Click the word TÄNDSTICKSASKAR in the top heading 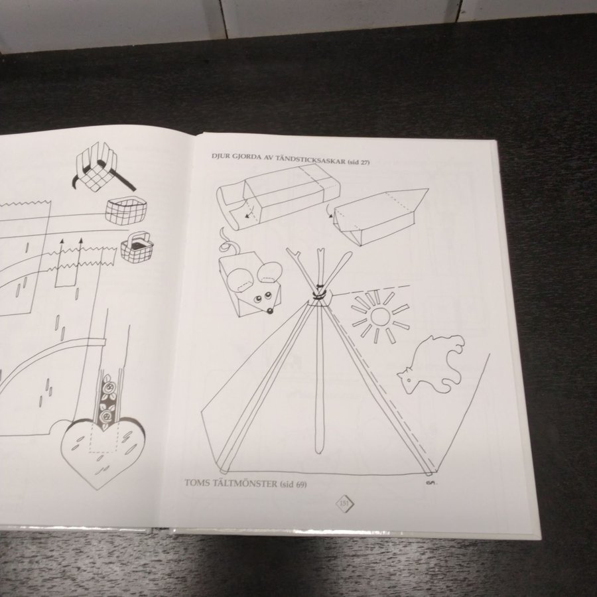click(x=310, y=160)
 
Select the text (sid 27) click(x=359, y=162)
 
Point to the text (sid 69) click(x=293, y=484)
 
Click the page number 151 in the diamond click(x=344, y=503)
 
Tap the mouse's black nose click(x=269, y=312)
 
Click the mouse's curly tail click(x=228, y=243)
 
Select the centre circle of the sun click(x=379, y=316)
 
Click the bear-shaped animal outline click(x=432, y=364)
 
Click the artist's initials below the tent click(x=431, y=482)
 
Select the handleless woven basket click(x=126, y=210)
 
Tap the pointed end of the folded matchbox click(x=427, y=189)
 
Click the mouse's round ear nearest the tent click(x=269, y=272)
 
